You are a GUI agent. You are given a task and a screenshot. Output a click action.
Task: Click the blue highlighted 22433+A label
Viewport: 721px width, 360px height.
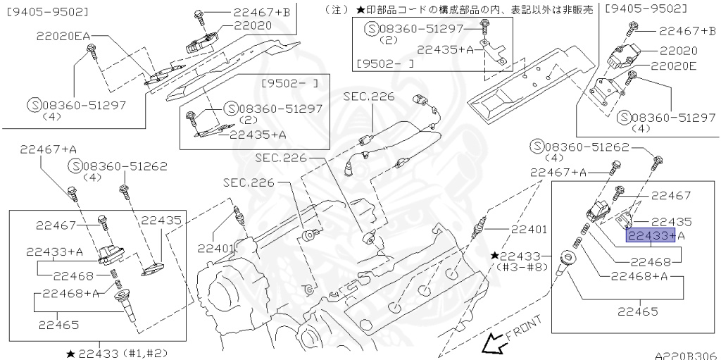[651, 235]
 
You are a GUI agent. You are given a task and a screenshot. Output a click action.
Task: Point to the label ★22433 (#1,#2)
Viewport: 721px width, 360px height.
[118, 352]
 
